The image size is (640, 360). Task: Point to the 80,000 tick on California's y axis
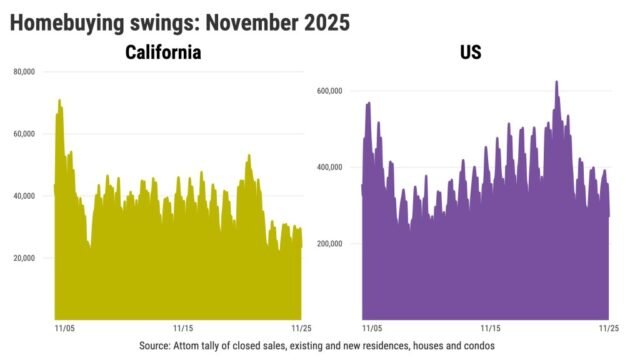(x=25, y=72)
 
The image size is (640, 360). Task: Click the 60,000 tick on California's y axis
(x=25, y=134)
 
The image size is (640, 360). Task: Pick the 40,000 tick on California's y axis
(x=25, y=196)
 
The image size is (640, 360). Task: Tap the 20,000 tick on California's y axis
(x=25, y=258)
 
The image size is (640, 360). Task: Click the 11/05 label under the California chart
(x=62, y=327)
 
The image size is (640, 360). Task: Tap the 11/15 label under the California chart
(x=183, y=327)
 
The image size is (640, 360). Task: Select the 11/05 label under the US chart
(x=371, y=327)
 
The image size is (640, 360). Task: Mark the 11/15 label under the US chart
(x=492, y=327)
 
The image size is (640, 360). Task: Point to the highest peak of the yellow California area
(x=60, y=100)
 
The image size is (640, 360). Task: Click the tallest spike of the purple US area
(x=556, y=82)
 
